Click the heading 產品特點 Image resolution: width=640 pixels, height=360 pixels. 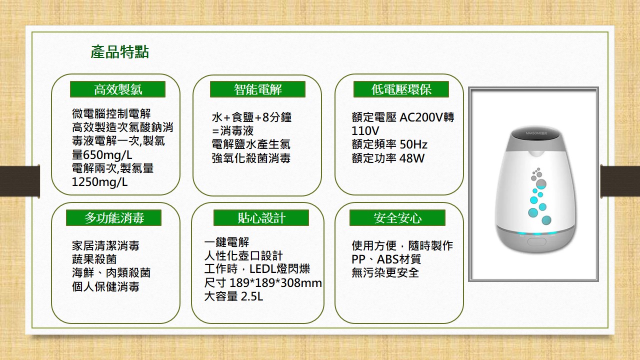click(119, 52)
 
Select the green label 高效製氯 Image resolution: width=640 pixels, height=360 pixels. click(117, 89)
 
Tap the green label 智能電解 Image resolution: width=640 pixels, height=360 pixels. click(257, 89)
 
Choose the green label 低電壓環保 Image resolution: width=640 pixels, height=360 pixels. click(401, 89)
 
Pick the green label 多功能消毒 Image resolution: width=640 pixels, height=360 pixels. click(113, 217)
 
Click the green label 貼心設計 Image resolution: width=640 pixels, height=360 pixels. click(261, 217)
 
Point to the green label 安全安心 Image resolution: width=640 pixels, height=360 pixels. click(397, 217)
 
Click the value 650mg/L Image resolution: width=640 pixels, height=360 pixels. click(107, 155)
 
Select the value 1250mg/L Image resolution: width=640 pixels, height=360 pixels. click(99, 182)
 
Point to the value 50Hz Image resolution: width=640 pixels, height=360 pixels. click(413, 144)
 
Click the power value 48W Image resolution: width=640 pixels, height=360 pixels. click(412, 158)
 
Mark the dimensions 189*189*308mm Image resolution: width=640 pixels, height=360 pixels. click(275, 283)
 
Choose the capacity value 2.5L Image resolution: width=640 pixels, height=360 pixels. click(251, 296)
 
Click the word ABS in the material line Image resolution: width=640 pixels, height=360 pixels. click(387, 259)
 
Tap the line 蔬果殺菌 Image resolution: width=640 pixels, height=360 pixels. click(94, 259)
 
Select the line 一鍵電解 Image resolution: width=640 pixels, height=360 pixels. click(226, 242)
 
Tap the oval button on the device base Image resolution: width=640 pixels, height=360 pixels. click(536, 241)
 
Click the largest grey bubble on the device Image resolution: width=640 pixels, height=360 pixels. click(541, 183)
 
